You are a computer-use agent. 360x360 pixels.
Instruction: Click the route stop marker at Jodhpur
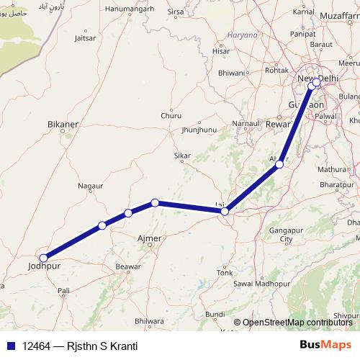click(x=44, y=258)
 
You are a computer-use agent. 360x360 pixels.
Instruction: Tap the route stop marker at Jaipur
click(x=225, y=211)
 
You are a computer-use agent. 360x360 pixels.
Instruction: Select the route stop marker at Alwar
click(x=279, y=165)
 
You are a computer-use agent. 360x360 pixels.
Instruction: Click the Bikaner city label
click(x=62, y=125)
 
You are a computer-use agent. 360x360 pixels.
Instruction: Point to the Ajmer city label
click(x=149, y=237)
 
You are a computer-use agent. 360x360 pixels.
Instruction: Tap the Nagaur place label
click(x=90, y=186)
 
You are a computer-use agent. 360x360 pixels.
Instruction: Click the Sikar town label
click(x=182, y=156)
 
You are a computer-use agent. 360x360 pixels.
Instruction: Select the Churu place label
click(x=171, y=115)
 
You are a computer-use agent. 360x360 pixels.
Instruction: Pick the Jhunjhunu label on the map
click(x=199, y=130)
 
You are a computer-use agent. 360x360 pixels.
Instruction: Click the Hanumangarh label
click(x=130, y=10)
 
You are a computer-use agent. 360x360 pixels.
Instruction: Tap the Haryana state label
click(x=241, y=35)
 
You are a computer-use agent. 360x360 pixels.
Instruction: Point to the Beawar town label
click(x=128, y=266)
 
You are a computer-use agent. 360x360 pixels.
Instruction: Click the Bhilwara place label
click(x=149, y=321)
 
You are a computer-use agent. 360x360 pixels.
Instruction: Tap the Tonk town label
click(x=225, y=273)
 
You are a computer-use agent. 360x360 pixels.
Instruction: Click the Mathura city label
click(x=332, y=169)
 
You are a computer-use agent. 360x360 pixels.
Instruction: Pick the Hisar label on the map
click(x=222, y=51)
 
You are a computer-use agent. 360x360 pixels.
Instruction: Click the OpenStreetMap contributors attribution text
click(x=298, y=322)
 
